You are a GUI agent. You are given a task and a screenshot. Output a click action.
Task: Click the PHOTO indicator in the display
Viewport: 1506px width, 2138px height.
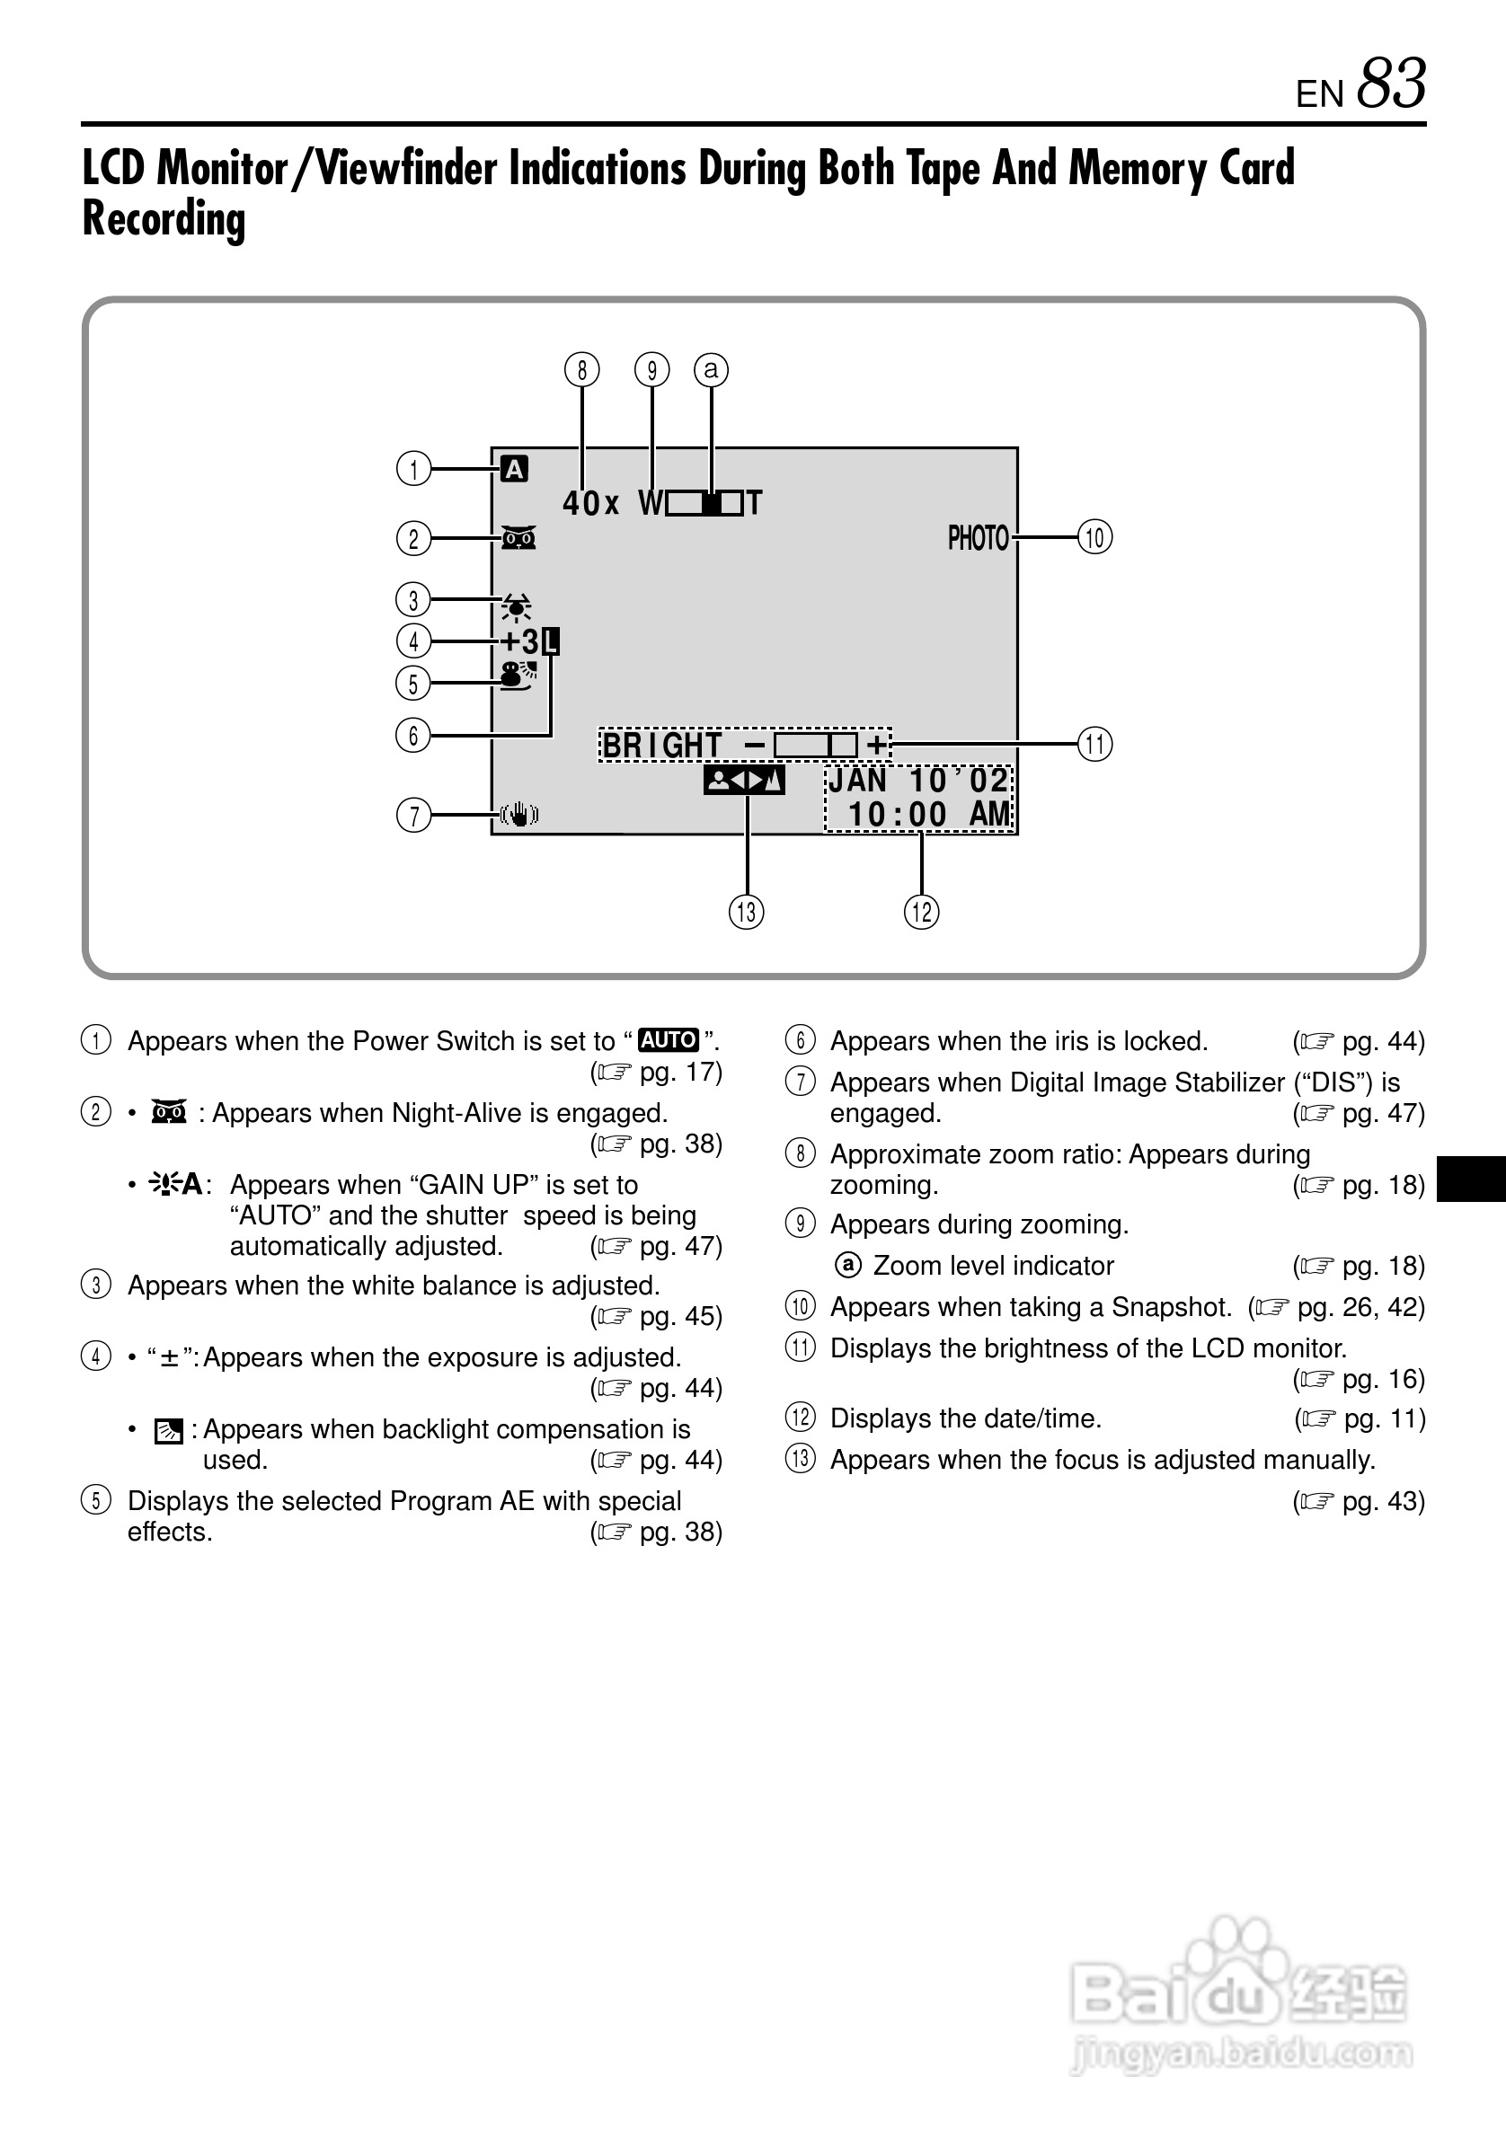[x=978, y=538]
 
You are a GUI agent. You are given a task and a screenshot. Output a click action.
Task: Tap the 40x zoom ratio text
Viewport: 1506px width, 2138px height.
[x=590, y=504]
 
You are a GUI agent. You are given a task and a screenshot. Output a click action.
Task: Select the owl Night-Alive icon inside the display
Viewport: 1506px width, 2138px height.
[x=518, y=538]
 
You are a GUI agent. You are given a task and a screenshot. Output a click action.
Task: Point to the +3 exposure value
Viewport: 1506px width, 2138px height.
[x=519, y=641]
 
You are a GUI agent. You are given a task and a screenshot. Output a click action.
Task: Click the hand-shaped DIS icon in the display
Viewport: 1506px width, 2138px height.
[x=518, y=815]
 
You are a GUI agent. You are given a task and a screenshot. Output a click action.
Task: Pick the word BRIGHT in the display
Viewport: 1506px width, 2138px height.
[x=662, y=745]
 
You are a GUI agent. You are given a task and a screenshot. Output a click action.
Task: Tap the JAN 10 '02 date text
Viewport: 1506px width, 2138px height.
[x=917, y=781]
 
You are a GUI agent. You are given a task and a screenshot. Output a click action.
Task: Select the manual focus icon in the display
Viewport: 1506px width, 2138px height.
[x=744, y=781]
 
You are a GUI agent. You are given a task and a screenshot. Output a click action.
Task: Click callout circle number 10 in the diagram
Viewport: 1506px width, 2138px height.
[x=1095, y=537]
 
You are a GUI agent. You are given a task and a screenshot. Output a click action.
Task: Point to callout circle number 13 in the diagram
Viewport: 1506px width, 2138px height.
[x=746, y=912]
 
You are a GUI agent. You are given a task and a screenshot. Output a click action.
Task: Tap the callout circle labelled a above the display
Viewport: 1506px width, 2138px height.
[x=712, y=370]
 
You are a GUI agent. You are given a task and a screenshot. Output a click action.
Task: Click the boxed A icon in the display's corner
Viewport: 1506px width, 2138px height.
[x=514, y=469]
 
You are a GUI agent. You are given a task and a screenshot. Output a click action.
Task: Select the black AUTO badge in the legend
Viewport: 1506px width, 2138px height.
[x=668, y=1039]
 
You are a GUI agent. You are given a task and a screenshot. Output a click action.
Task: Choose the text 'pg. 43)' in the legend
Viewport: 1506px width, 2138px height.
[x=1382, y=1501]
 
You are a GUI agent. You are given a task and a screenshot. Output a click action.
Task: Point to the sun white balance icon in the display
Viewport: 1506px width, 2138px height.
[x=516, y=608]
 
